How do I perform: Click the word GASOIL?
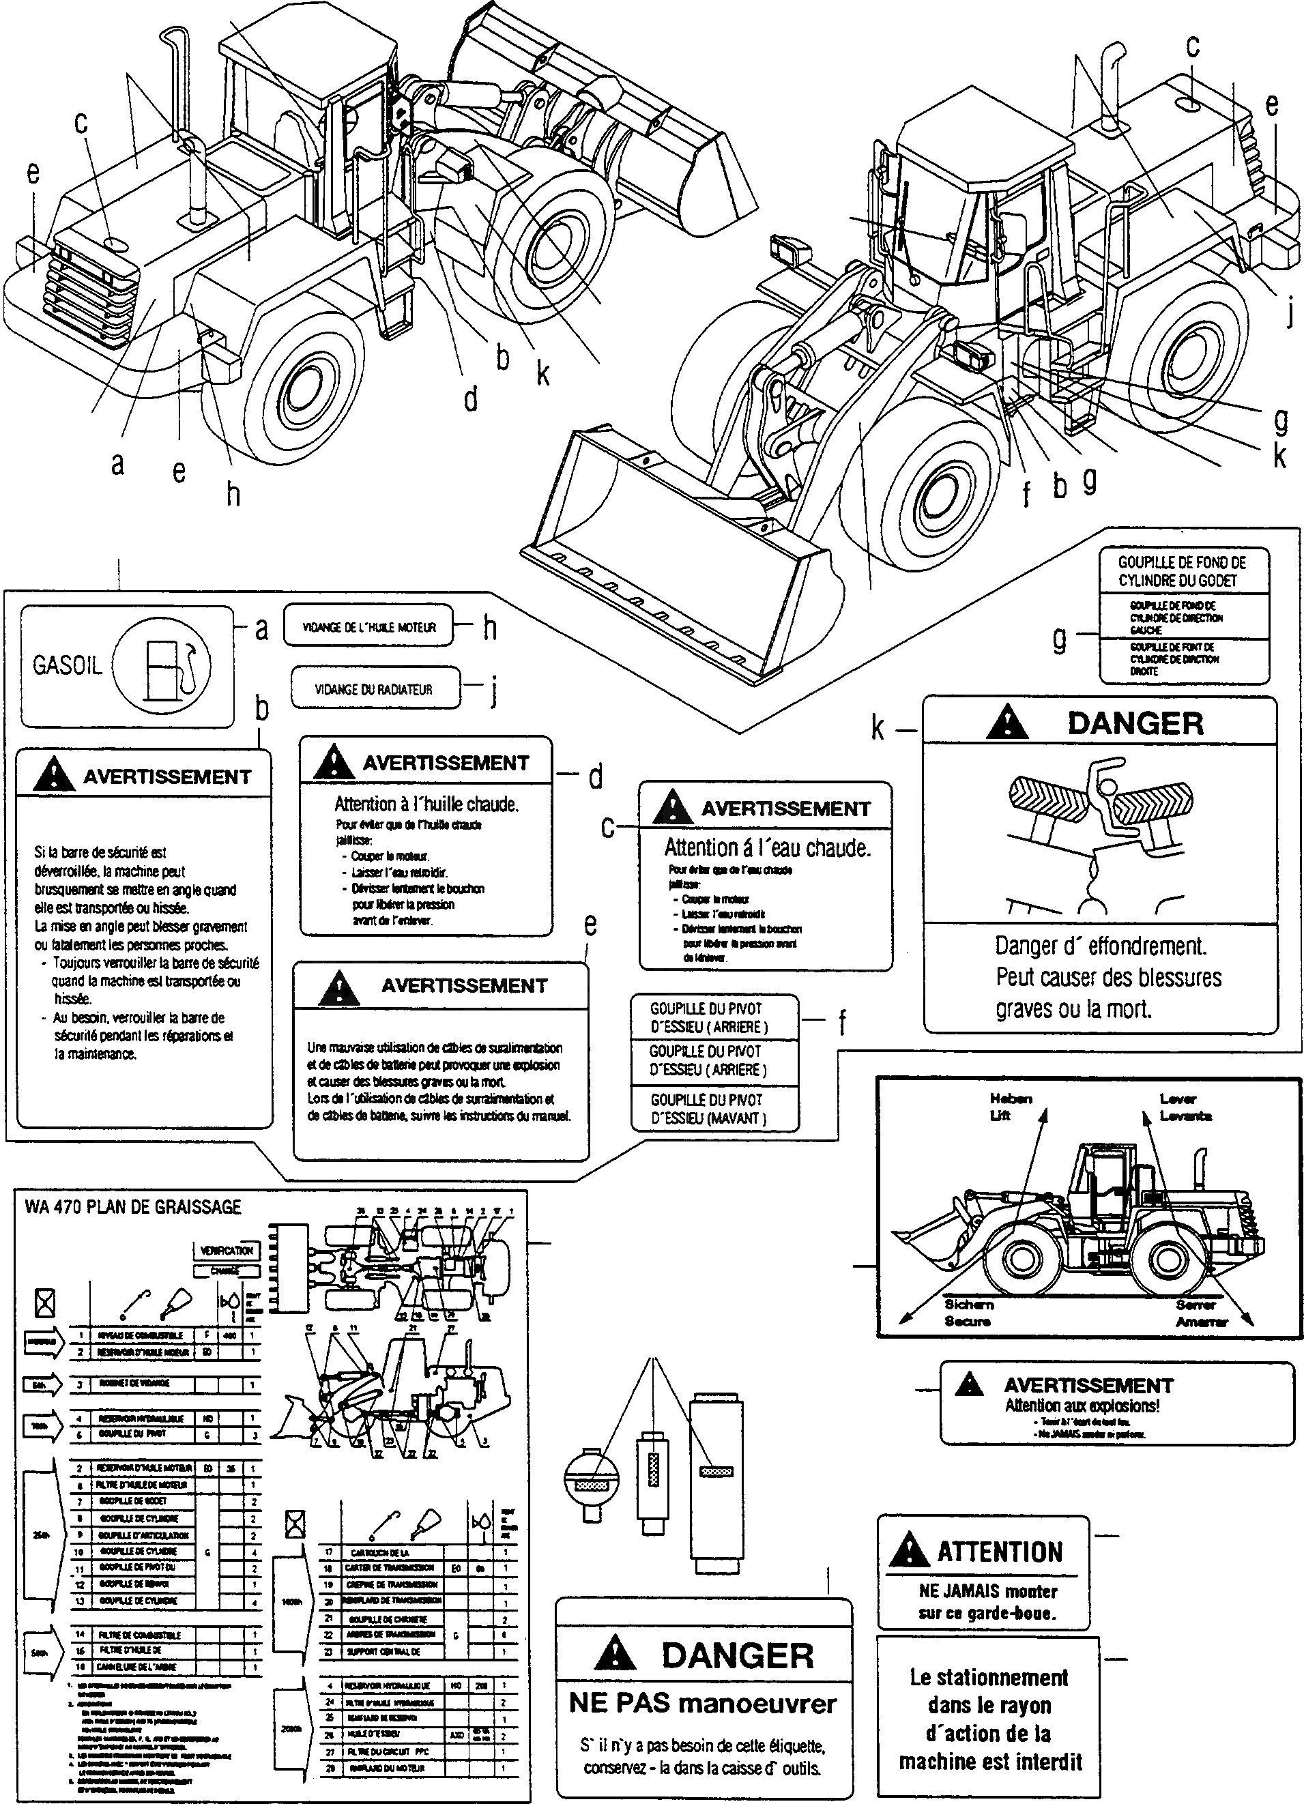coord(68,665)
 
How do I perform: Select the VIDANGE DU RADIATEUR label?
coord(374,690)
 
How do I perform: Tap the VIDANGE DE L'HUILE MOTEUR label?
coord(368,628)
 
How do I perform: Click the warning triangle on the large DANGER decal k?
coord(1006,723)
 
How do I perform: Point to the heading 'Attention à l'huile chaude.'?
coord(426,804)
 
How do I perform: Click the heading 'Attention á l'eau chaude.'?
coord(767,848)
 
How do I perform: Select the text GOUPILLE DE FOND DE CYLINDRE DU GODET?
coord(1183,571)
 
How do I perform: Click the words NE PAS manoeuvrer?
coord(703,1704)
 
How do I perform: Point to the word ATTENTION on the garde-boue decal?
coord(999,1552)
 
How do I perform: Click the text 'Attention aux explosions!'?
coord(1082,1406)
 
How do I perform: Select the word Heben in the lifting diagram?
coord(1011,1099)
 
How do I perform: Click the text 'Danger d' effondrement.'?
coord(1101,946)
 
